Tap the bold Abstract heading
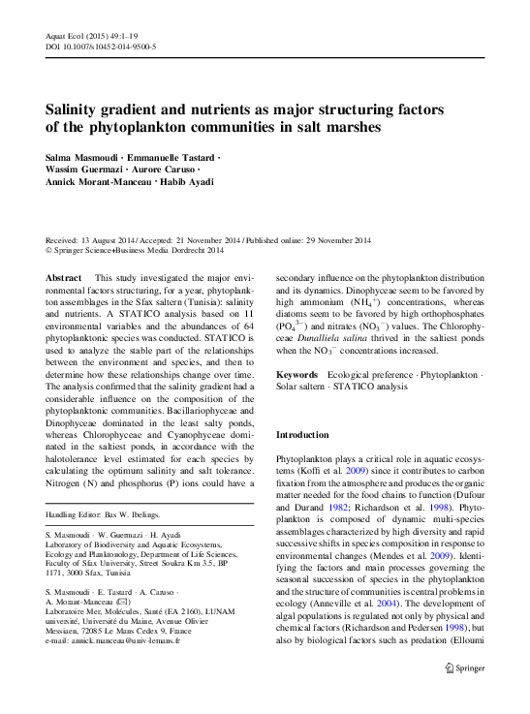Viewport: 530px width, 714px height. point(64,276)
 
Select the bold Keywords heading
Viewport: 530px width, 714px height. point(297,373)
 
